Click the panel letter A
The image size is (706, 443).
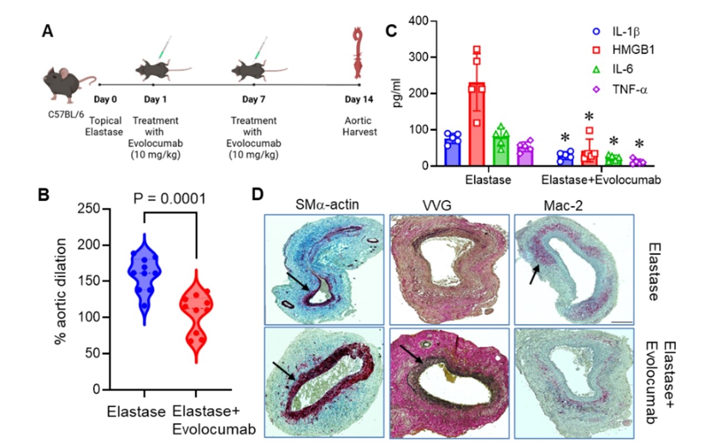48,32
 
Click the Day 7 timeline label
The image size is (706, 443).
253,101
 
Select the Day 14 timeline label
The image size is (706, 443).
359,101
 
